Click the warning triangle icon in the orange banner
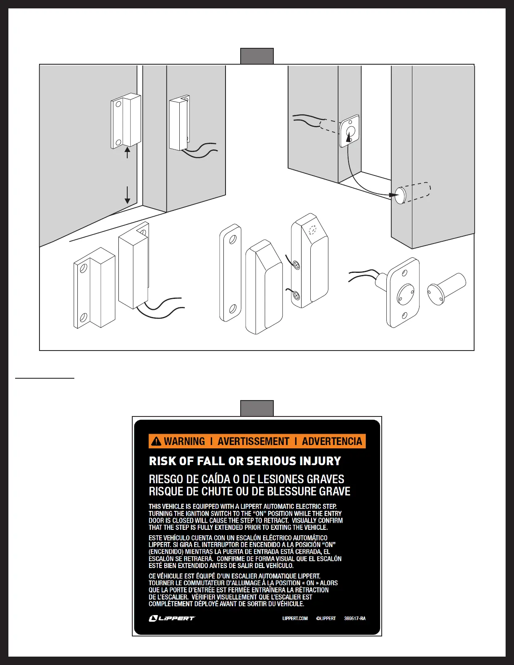point(156,441)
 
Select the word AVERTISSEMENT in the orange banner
point(253,441)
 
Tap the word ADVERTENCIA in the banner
point(332,441)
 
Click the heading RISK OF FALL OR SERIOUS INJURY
point(245,461)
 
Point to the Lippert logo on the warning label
point(172,618)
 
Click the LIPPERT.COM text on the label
point(295,618)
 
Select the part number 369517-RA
point(355,618)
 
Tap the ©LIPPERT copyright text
point(326,618)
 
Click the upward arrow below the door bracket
point(127,152)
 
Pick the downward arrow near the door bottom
point(127,195)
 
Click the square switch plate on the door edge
point(349,131)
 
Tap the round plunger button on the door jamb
point(400,195)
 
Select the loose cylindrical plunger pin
point(446,289)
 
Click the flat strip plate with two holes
point(230,273)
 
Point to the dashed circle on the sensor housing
point(312,230)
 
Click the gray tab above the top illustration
point(257,56)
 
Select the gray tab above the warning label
point(257,408)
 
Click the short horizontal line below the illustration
point(45,378)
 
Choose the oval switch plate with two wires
point(402,292)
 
